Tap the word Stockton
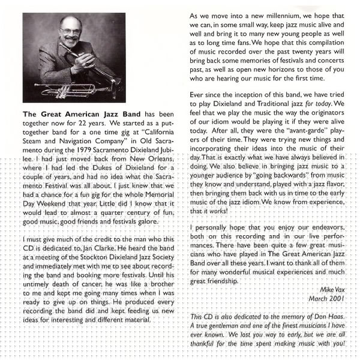pyautogui.click(x=100, y=257)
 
